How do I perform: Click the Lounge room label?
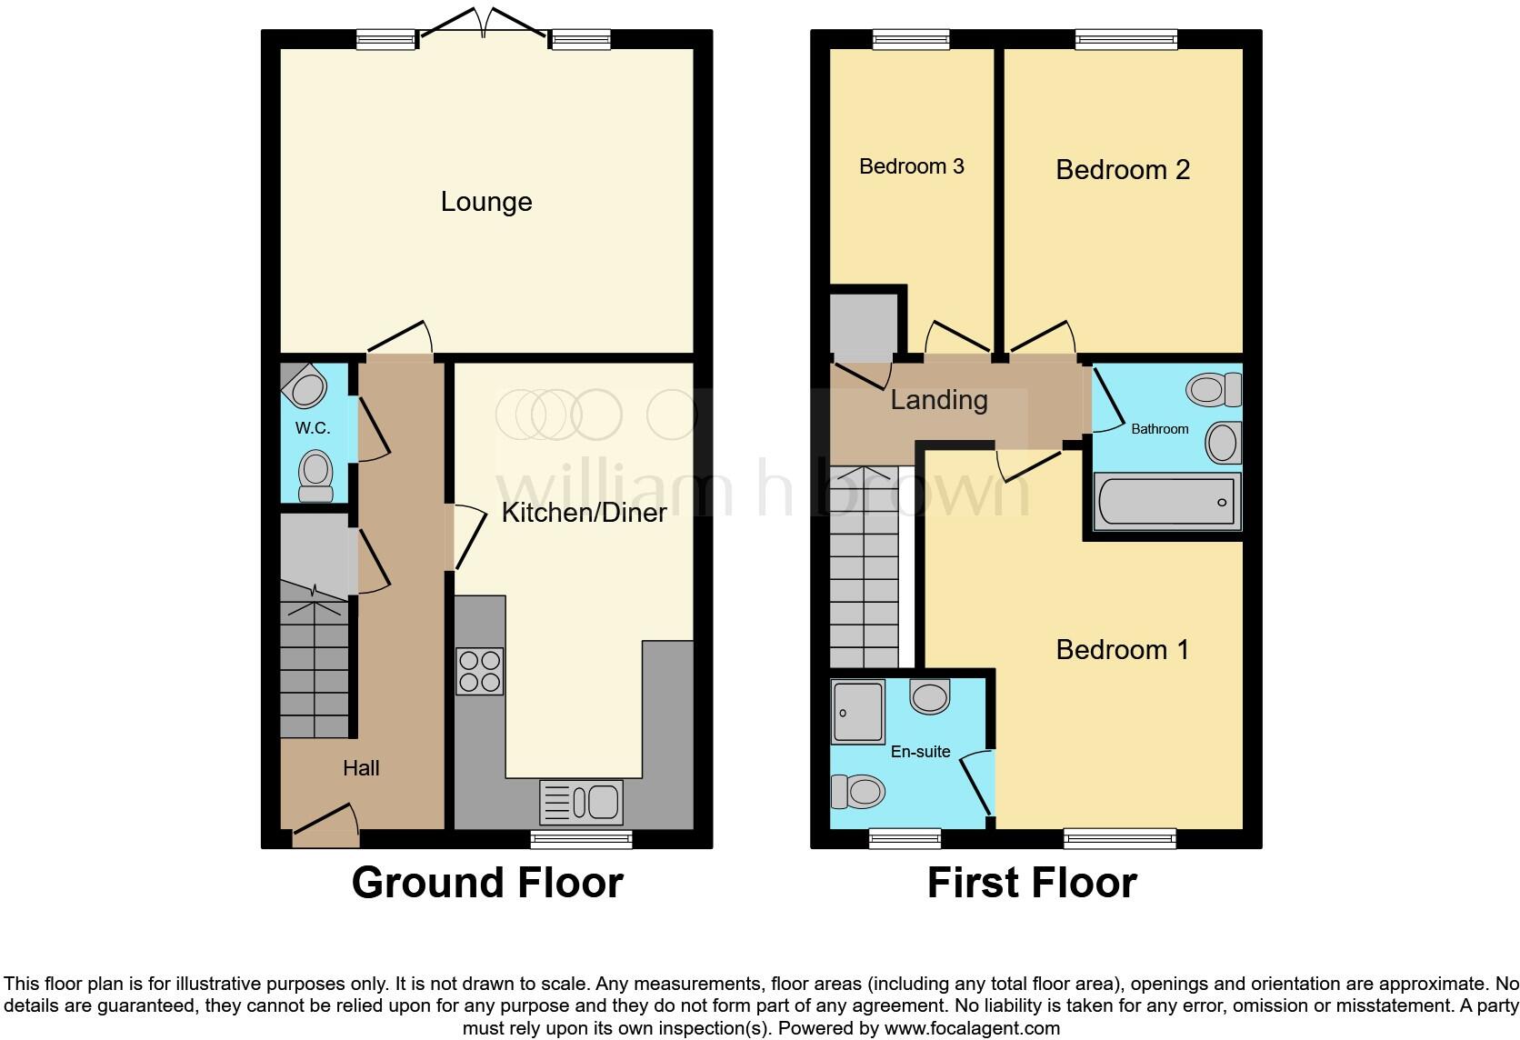click(x=486, y=202)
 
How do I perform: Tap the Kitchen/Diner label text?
click(x=584, y=513)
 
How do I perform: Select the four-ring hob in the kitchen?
click(x=480, y=672)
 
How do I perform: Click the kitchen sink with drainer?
click(x=581, y=803)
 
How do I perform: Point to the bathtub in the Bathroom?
click(x=1167, y=502)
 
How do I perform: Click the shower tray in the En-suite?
click(x=857, y=712)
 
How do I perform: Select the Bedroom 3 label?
click(x=911, y=166)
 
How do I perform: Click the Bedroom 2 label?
click(x=1122, y=170)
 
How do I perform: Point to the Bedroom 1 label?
click(x=1122, y=650)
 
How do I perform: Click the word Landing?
click(x=938, y=400)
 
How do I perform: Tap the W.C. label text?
click(x=312, y=428)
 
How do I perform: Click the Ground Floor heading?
click(x=487, y=884)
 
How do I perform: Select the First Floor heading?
click(x=1032, y=884)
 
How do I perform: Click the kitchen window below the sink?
click(x=581, y=839)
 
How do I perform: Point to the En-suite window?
click(x=905, y=839)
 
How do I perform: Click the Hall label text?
click(x=361, y=768)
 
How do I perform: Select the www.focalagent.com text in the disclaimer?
click(x=972, y=1029)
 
